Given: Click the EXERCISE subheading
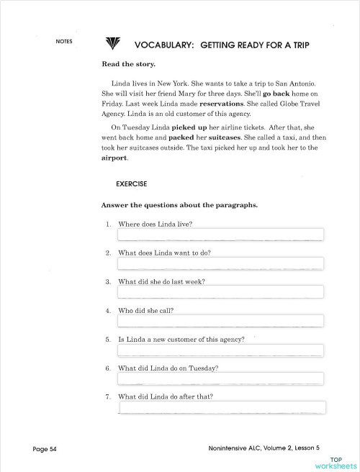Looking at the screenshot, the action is click(132, 184).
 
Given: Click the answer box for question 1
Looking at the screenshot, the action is click(220, 235).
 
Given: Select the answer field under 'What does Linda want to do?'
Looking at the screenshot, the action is click(220, 263).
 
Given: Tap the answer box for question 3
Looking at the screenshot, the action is click(220, 292).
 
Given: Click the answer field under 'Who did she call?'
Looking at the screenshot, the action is click(220, 321).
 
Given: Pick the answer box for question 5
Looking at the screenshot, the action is click(220, 350).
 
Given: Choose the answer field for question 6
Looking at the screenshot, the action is click(220, 379).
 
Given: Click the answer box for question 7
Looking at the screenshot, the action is click(222, 408).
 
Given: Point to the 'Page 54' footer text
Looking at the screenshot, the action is click(45, 450).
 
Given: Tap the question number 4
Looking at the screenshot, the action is click(108, 311).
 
